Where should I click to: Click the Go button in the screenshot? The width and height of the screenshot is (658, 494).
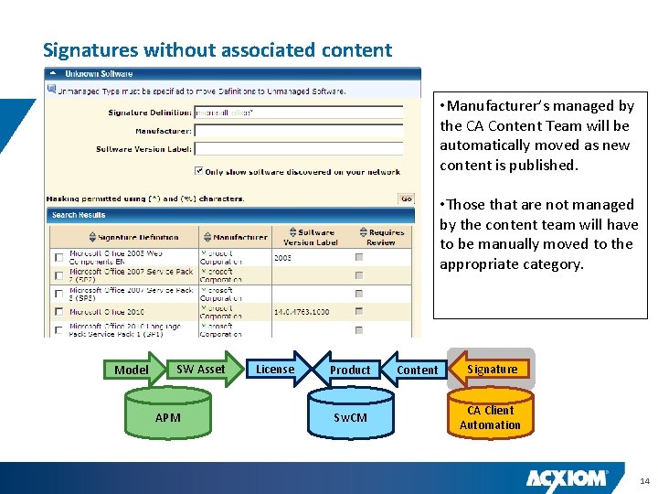(407, 199)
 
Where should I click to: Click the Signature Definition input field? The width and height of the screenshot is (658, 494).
(298, 113)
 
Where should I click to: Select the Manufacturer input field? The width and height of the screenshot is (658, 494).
(298, 131)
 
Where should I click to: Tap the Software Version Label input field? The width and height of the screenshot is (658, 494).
(298, 148)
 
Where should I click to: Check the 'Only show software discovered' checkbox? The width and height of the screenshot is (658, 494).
(199, 170)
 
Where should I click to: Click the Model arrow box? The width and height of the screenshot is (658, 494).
(132, 370)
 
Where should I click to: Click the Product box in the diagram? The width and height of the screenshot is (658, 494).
(350, 370)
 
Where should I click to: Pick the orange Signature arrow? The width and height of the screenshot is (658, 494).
(492, 369)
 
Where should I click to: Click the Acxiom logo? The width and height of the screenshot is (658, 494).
(567, 478)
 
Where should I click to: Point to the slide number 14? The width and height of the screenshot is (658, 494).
(644, 480)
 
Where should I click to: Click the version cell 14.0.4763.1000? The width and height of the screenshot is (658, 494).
(302, 312)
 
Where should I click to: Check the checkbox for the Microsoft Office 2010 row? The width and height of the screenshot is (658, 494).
(59, 312)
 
